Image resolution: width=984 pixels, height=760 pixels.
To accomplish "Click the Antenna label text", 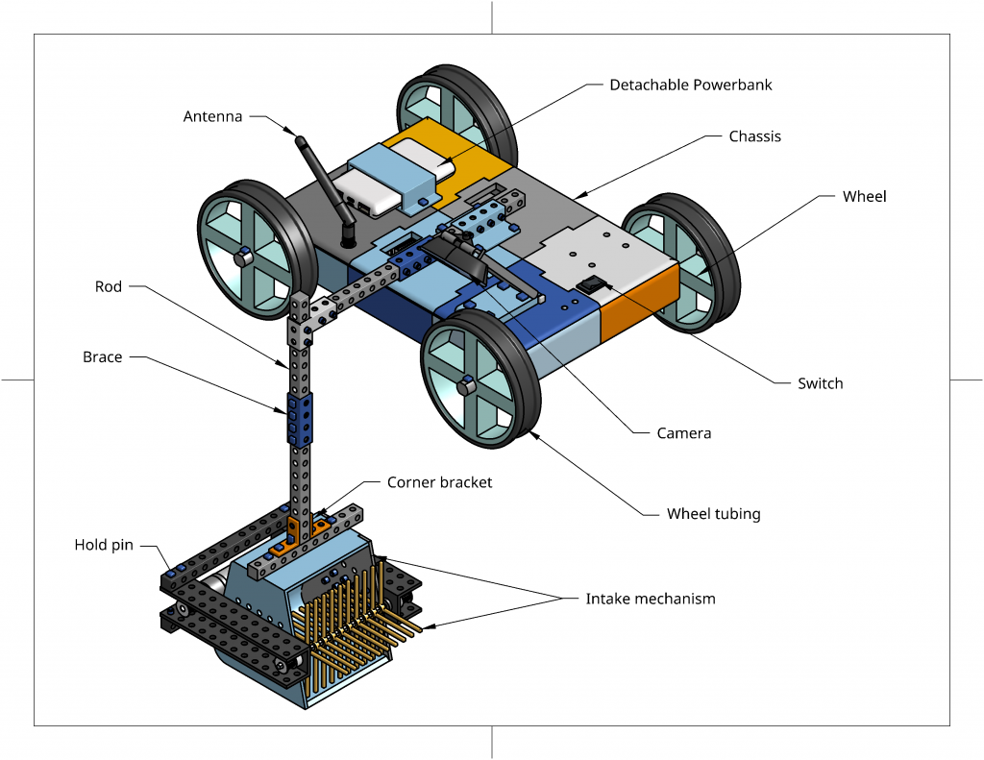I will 212,117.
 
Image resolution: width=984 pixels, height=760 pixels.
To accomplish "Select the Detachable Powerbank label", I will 690,85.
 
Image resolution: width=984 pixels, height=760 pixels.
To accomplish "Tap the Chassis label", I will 754,136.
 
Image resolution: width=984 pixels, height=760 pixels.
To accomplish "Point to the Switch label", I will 820,383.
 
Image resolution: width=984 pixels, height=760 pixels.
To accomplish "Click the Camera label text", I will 683,433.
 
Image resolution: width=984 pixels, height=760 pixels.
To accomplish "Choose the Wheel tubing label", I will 713,514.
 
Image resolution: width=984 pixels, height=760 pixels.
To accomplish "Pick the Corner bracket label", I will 439,482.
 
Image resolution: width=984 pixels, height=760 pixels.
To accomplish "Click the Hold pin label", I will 105,546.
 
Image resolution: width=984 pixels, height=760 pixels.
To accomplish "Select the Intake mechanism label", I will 651,599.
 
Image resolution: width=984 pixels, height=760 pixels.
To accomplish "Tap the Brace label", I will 102,357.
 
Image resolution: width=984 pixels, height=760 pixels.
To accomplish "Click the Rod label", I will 109,286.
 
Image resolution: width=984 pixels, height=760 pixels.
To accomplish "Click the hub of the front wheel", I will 466,385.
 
